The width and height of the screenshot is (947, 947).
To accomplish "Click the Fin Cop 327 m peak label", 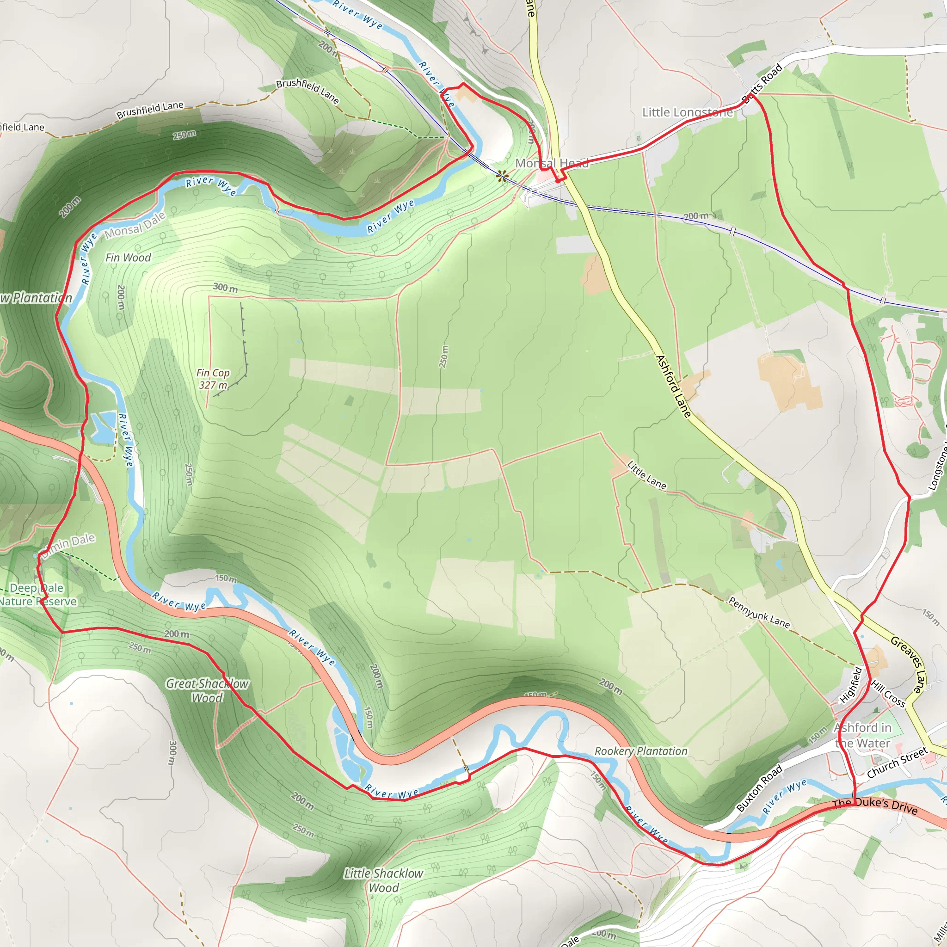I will click(213, 379).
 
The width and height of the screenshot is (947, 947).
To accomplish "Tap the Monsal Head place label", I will click(552, 163).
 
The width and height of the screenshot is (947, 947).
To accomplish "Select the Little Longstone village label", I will click(687, 112).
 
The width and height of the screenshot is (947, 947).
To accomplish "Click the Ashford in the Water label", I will click(863, 735).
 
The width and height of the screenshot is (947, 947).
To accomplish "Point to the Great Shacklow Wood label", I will click(207, 691).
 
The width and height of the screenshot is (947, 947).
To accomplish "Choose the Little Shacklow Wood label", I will click(384, 880).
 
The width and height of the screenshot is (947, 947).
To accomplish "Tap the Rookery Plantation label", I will click(640, 751).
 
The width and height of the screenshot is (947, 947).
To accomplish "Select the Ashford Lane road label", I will click(673, 386).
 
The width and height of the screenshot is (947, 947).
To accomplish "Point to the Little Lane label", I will click(646, 475).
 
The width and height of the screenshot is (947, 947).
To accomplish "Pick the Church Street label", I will click(897, 762).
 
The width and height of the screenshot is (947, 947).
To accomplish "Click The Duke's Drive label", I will click(875, 806).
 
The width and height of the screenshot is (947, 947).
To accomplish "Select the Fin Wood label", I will click(129, 258).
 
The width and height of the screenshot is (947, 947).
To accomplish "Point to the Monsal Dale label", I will click(135, 226).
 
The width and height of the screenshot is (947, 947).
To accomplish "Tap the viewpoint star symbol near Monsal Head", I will click(501, 177).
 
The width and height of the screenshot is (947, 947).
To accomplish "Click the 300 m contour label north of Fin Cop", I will click(226, 288).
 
